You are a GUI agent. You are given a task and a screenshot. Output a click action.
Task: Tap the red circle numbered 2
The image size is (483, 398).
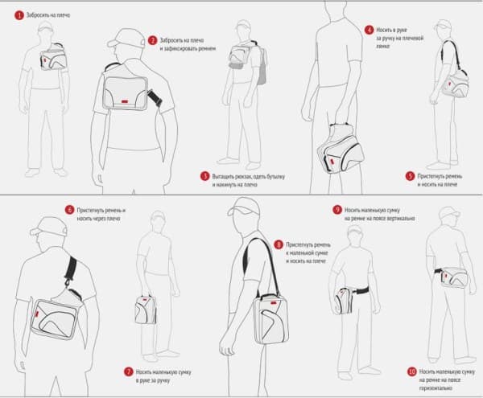(x=153, y=40)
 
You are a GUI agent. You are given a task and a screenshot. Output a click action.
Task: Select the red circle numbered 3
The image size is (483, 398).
(x=204, y=175)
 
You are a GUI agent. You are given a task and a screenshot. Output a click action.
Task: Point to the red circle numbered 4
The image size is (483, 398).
(x=369, y=29)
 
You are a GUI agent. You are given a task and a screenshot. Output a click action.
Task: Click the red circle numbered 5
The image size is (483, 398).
(x=410, y=175)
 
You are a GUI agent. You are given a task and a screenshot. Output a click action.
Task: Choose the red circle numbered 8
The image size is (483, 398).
(x=279, y=244)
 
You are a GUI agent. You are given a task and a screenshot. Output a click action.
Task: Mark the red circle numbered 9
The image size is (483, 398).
(x=337, y=210)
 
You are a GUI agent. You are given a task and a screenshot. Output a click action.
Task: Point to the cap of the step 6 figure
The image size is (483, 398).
(x=47, y=228)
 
